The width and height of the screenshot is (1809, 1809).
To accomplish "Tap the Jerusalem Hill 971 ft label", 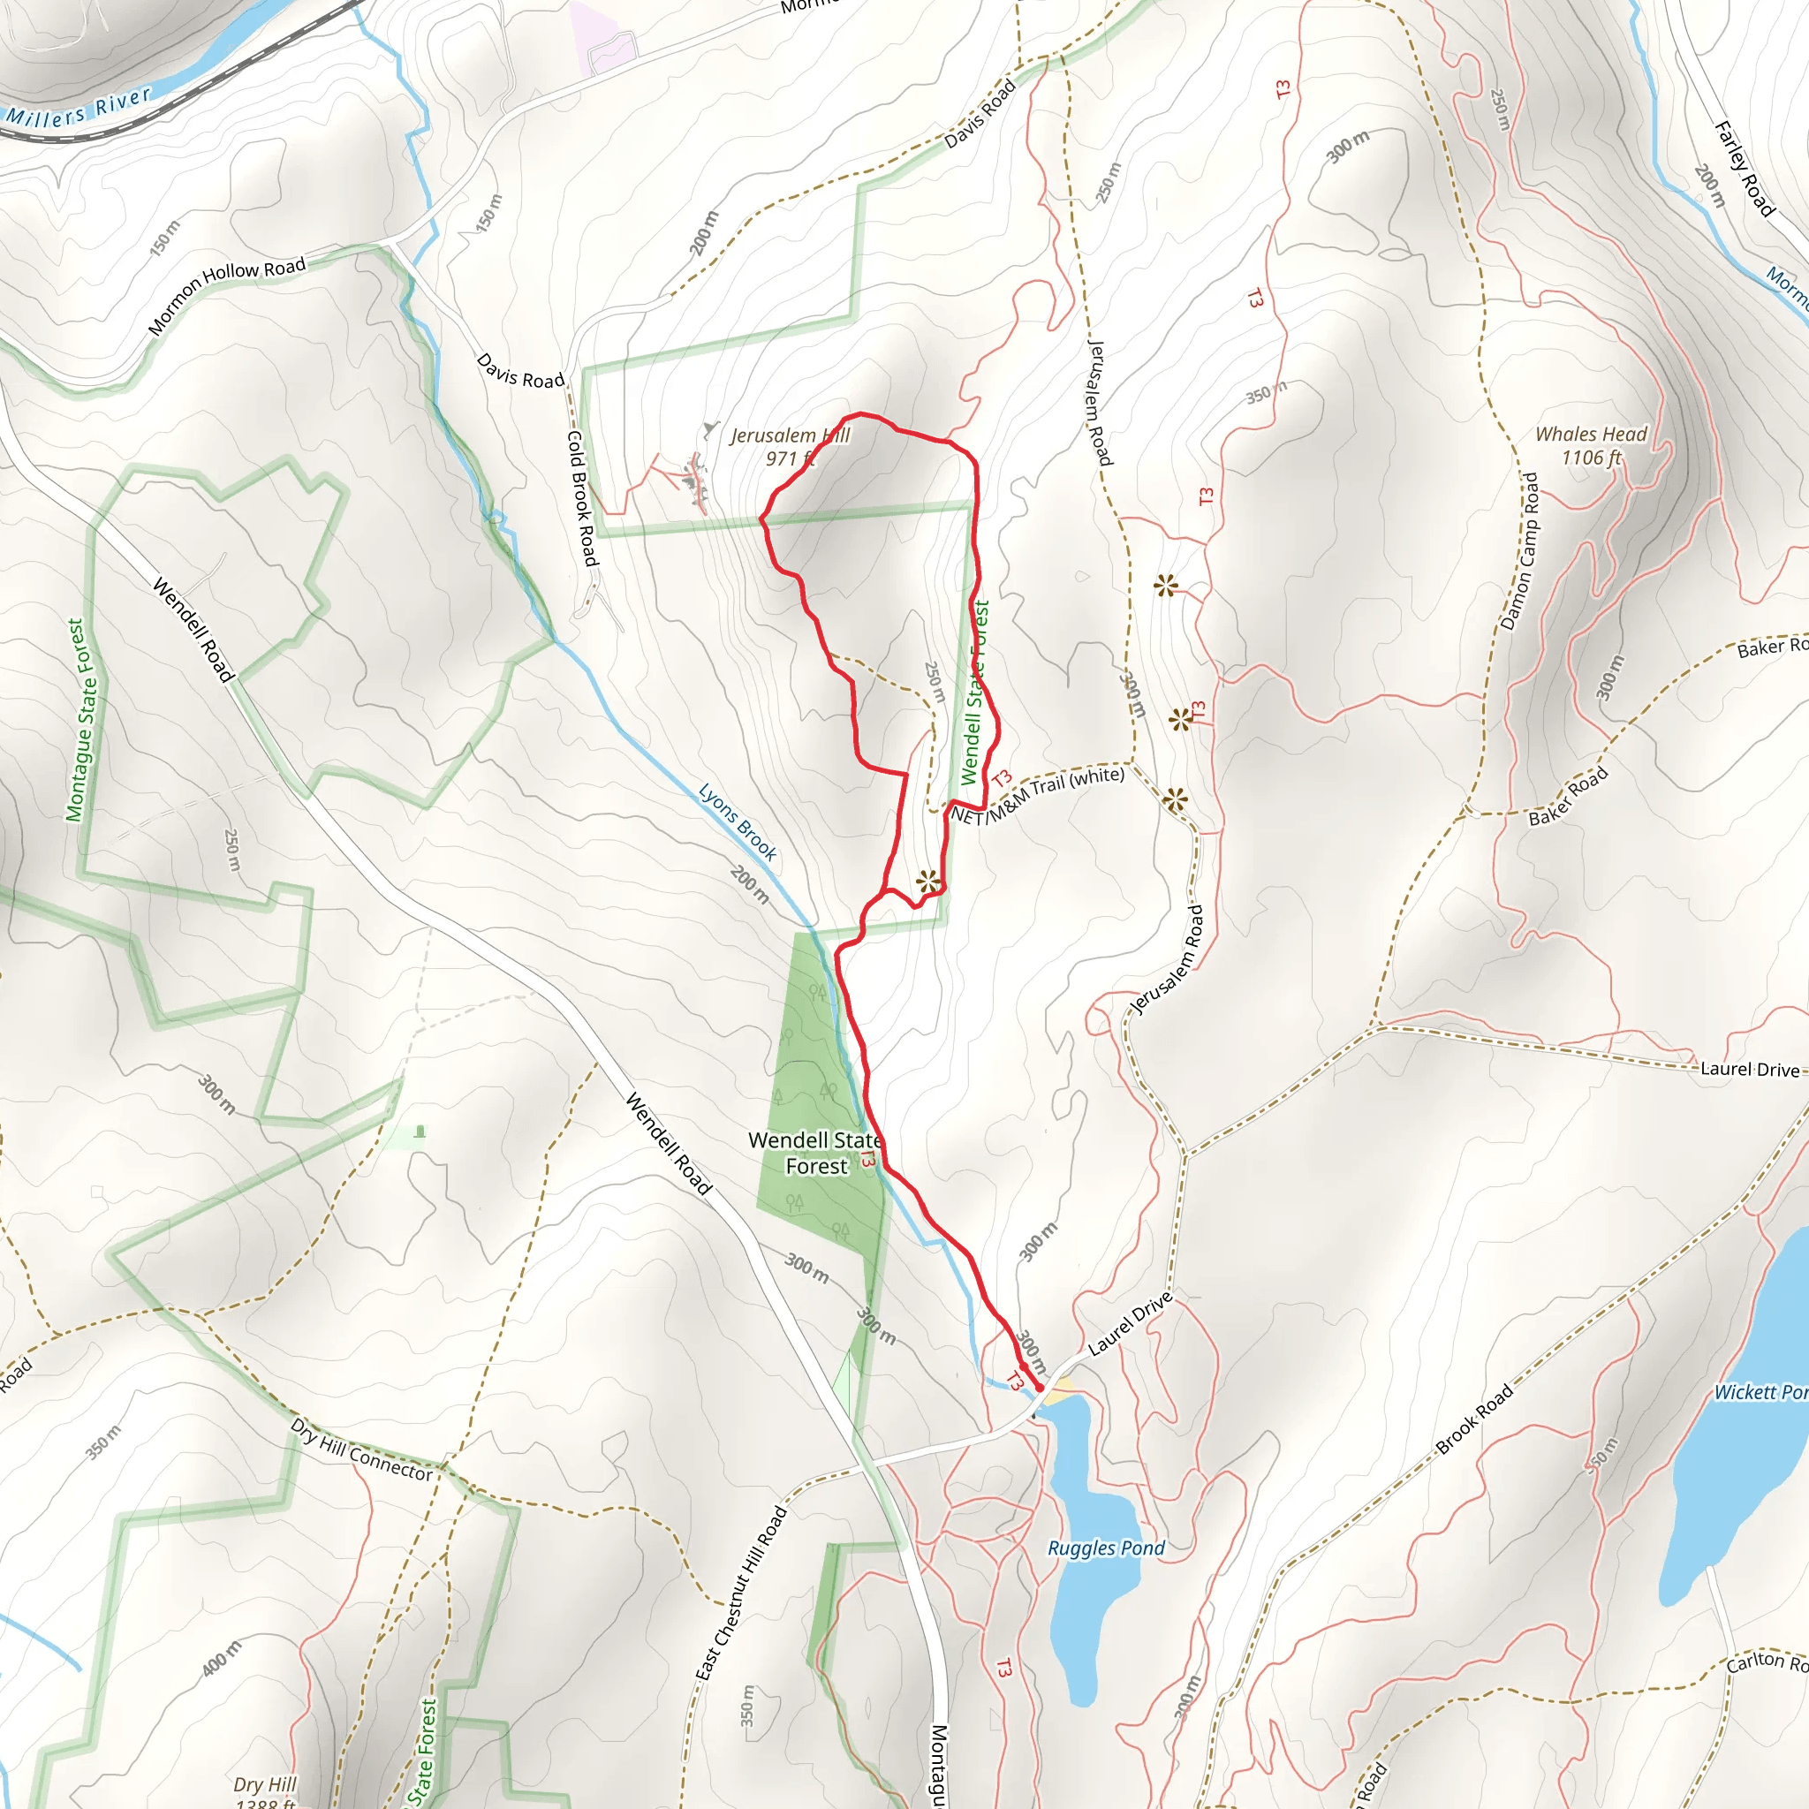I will (x=790, y=447).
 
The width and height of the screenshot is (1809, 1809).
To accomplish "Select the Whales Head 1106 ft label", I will (x=1591, y=446).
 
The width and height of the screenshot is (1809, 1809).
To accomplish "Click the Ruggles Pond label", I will (x=1106, y=1548).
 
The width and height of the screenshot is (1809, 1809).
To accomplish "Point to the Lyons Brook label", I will (x=738, y=822).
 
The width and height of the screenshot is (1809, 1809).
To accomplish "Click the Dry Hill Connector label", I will (x=361, y=1449).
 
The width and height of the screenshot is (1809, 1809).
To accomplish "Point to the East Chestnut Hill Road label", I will (x=740, y=1593).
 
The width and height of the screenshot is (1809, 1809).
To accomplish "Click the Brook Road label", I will (x=1474, y=1419).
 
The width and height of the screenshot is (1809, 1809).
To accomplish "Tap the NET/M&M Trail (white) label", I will (x=1038, y=796).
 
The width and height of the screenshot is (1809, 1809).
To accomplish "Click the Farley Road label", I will (x=1744, y=169).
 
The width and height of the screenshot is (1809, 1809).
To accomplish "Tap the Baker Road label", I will (x=1568, y=796).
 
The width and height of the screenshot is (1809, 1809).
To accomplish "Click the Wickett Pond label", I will (x=1760, y=1392).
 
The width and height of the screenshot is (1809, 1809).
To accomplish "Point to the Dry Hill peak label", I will (x=265, y=1791).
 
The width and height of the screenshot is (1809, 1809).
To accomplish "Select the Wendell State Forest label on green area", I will (x=815, y=1153).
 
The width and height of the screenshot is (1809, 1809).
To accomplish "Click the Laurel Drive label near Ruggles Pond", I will (x=1130, y=1323).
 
